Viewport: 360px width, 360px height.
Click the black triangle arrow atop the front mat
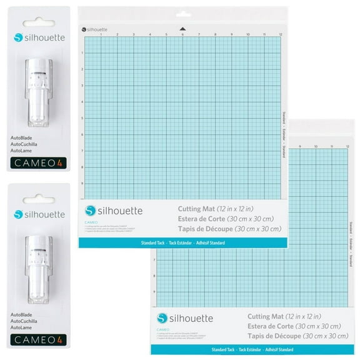pos(182,28)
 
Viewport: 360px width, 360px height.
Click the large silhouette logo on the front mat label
pos(119,210)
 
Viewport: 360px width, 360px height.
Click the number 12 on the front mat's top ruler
pos(281,34)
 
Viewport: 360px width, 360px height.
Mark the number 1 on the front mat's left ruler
pos(82,53)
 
